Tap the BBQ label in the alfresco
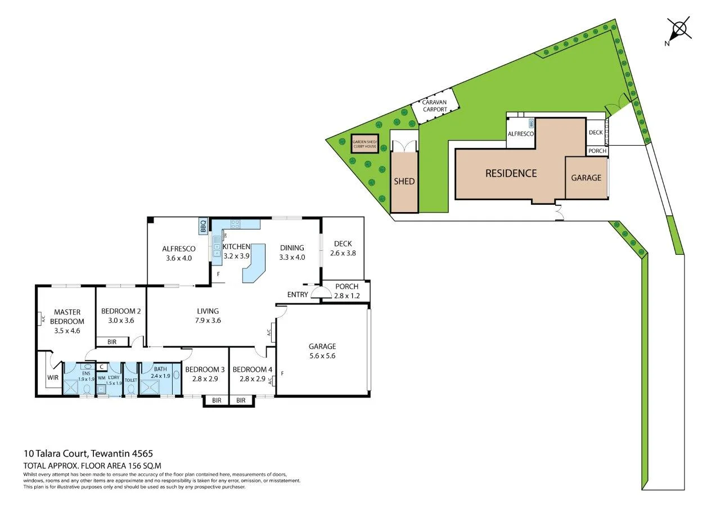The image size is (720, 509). click(x=203, y=226)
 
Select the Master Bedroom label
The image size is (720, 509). click(x=67, y=317)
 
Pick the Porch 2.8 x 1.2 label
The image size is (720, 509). click(x=346, y=291)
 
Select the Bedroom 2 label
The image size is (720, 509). click(x=120, y=316)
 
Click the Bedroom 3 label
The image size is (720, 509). click(x=205, y=373)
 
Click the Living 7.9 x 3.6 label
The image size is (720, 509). click(x=208, y=316)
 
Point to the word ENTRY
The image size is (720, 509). click(x=297, y=295)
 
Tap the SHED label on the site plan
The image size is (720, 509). click(x=404, y=181)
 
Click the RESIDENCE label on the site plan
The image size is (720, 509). click(x=511, y=173)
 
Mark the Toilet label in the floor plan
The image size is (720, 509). click(x=130, y=380)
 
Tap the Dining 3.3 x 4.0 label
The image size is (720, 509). click(x=291, y=252)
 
